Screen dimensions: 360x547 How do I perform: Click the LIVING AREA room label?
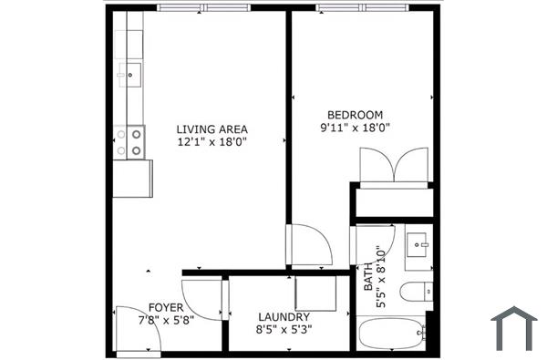tap(212, 129)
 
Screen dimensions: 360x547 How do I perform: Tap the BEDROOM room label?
tap(356, 115)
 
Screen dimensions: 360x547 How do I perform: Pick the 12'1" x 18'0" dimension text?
tap(212, 142)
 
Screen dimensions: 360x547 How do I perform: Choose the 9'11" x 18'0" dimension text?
tap(356, 129)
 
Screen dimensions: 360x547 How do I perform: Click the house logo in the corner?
tap(513, 328)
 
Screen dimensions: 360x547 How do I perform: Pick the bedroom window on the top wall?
tap(364, 7)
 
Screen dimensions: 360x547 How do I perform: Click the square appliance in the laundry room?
tap(316, 293)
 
